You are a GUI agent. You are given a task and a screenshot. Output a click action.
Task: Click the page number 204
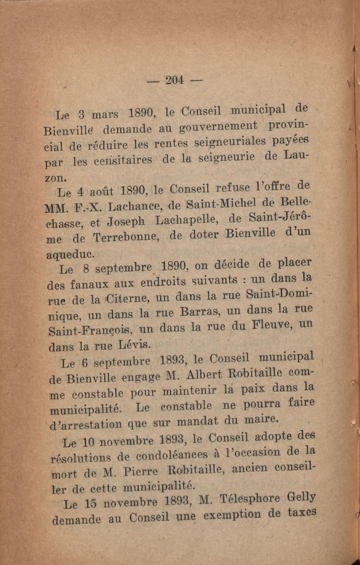[175, 80]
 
